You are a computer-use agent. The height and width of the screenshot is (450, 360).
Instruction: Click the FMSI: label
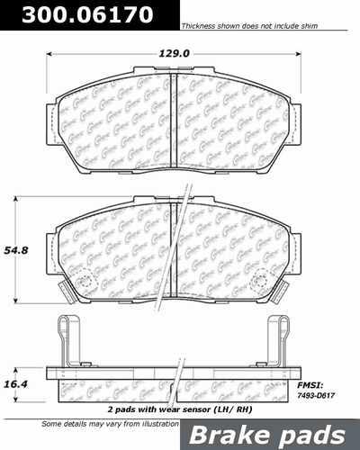pos(321,361)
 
